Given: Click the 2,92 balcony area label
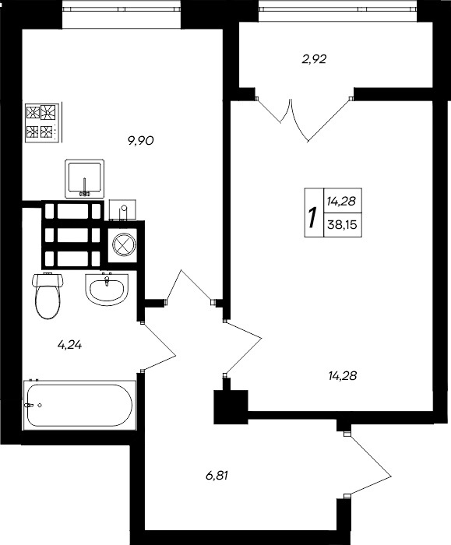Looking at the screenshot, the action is [x=315, y=59].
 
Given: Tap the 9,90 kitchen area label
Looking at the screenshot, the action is [x=141, y=141].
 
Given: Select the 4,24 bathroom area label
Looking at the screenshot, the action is [x=70, y=345].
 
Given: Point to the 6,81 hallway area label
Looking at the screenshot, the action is [x=217, y=475].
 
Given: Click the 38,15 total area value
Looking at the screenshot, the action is [x=342, y=225].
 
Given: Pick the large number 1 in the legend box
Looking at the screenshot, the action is [x=314, y=217].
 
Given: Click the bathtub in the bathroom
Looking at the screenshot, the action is [x=79, y=405].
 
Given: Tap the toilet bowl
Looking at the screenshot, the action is [x=48, y=296].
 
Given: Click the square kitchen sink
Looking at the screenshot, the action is [x=85, y=179].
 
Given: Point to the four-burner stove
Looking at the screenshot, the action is [x=42, y=123].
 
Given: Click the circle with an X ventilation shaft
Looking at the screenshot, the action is [x=123, y=244].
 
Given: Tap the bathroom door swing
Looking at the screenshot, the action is [x=159, y=346].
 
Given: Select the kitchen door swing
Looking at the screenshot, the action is [x=191, y=286].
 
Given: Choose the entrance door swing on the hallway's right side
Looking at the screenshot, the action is [x=368, y=464].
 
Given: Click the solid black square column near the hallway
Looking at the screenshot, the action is [x=231, y=406].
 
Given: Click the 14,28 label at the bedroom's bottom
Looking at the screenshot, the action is [x=343, y=376].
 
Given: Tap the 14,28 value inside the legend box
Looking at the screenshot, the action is [x=341, y=201].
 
